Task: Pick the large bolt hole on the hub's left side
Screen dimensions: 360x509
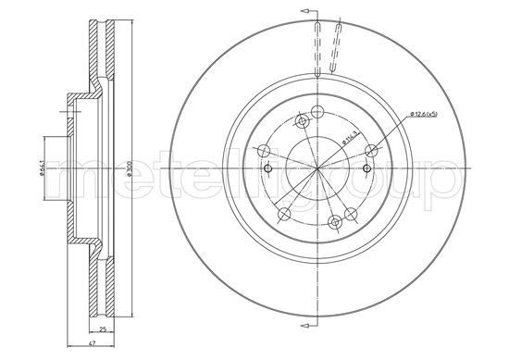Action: (263, 149)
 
